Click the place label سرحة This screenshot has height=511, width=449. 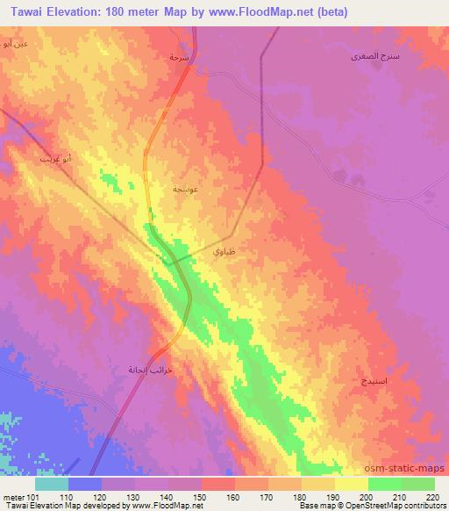point(178,56)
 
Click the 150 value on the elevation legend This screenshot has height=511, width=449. point(202,497)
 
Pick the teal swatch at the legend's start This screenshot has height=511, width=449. point(52,484)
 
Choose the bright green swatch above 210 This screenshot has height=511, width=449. point(385,484)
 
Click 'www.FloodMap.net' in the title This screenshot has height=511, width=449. point(273,12)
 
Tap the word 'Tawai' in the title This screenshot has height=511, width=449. point(27,12)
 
